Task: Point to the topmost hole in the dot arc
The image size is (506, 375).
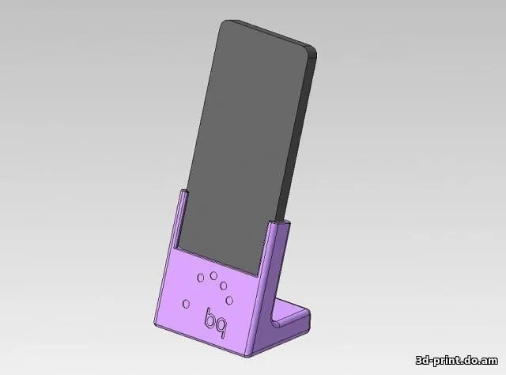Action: click(x=213, y=275)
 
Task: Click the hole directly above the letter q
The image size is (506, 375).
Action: click(x=231, y=299)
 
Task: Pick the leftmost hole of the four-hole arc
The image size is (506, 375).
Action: click(x=201, y=277)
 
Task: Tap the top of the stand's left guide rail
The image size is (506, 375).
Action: click(x=183, y=192)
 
